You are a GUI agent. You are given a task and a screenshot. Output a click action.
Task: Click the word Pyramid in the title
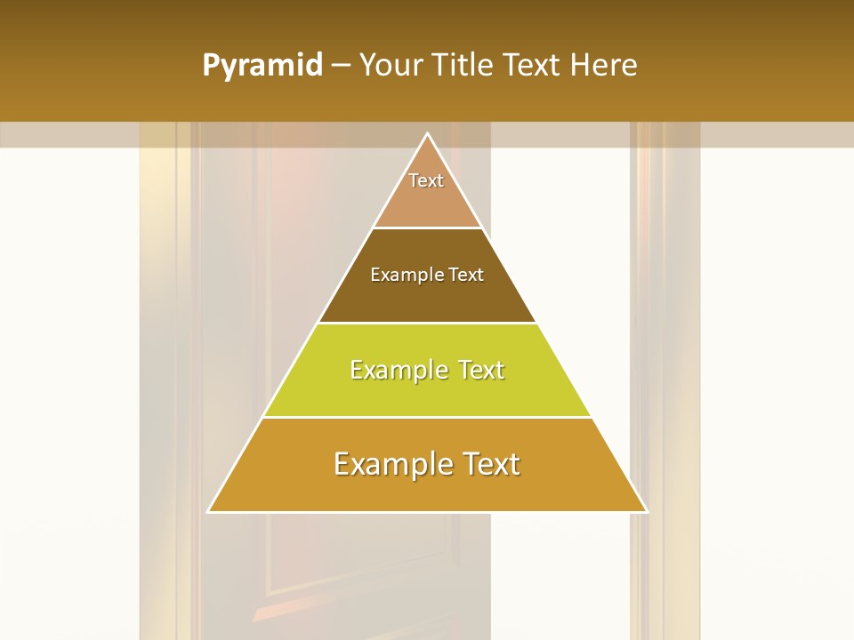(x=262, y=66)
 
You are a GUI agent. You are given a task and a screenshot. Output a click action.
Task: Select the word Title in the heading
(x=463, y=65)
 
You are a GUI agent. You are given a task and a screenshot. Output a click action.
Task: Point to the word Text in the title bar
(x=535, y=65)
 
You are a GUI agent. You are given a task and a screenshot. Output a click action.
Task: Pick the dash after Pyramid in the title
(x=341, y=66)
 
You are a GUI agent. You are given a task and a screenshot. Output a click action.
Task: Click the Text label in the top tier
(x=426, y=180)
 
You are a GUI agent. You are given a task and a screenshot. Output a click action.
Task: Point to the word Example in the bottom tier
(x=385, y=464)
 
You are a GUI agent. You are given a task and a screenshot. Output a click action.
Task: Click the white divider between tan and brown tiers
(x=427, y=228)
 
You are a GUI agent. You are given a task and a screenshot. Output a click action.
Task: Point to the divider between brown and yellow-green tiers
(x=427, y=323)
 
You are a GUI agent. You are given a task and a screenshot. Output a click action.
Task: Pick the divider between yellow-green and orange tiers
(x=427, y=417)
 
